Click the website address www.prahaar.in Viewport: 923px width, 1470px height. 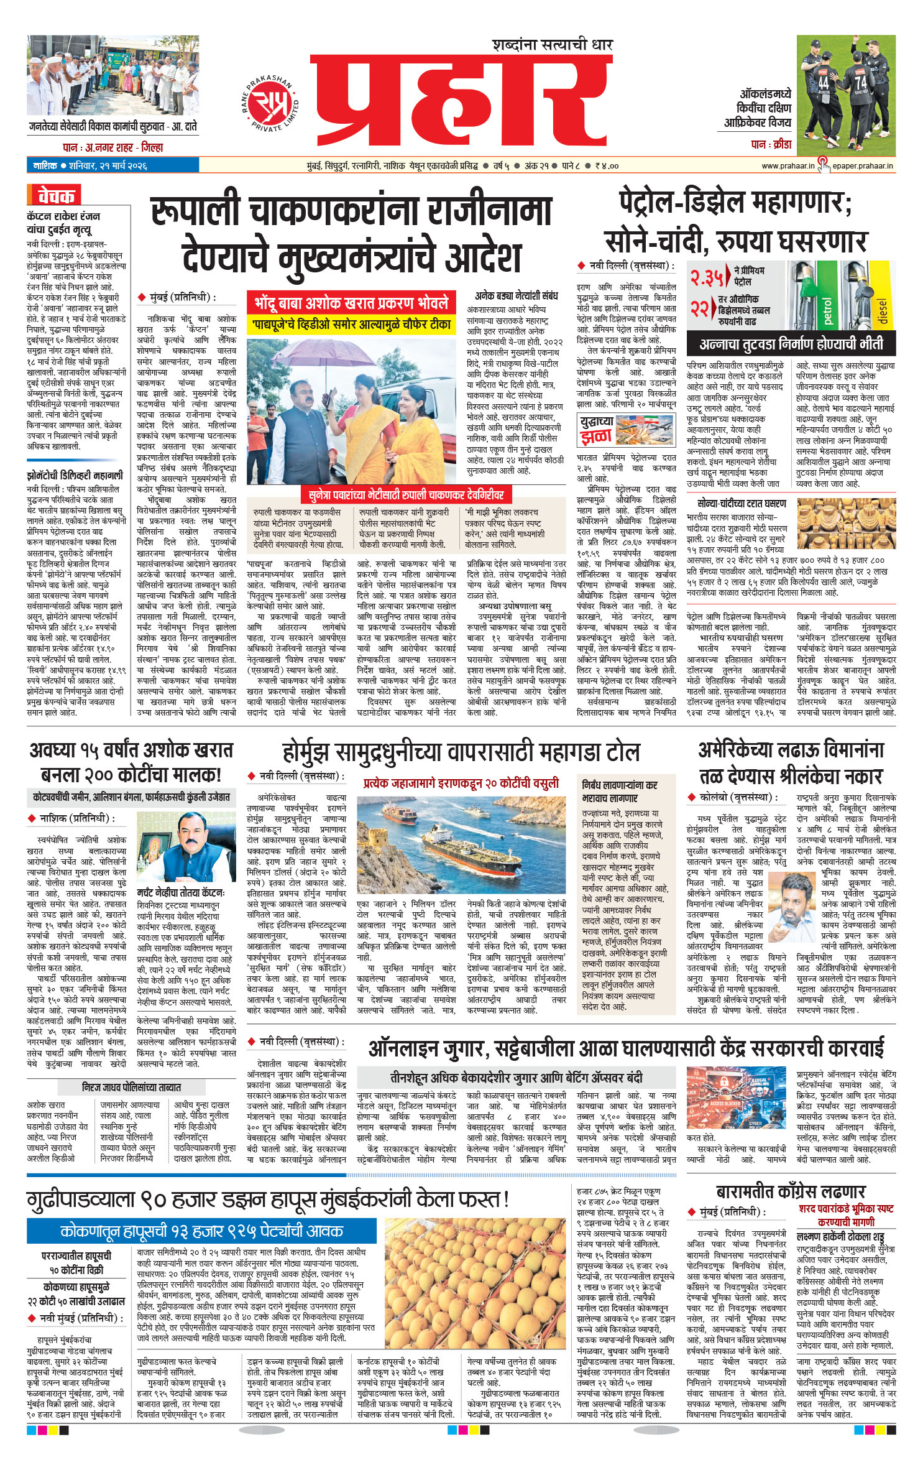click(787, 166)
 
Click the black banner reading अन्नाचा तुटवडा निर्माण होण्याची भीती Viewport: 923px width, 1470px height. click(791, 344)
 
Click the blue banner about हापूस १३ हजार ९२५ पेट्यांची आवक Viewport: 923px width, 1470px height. click(201, 1231)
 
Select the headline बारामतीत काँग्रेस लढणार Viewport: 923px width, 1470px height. click(790, 1191)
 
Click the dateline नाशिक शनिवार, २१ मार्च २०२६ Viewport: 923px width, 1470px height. click(90, 166)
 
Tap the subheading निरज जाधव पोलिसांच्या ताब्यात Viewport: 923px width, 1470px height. click(131, 1087)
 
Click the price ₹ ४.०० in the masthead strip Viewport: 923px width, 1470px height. click(606, 166)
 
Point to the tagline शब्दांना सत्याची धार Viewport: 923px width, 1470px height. click(553, 45)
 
